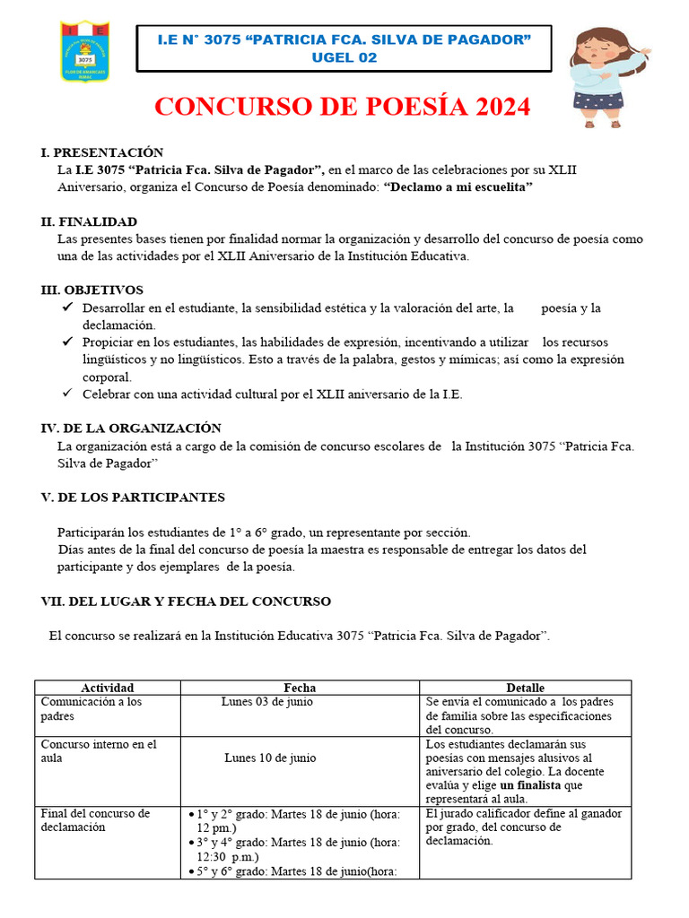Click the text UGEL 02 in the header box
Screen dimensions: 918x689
coord(344,57)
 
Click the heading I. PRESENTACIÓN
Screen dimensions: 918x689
coord(102,152)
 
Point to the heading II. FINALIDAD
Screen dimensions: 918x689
coord(89,221)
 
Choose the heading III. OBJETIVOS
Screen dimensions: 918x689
coord(92,290)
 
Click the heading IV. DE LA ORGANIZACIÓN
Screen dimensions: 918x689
coord(131,429)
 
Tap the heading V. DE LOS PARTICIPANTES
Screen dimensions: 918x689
coord(133,498)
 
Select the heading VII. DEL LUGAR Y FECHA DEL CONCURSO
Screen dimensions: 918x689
coord(187,602)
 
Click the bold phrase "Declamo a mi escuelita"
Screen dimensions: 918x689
coord(458,186)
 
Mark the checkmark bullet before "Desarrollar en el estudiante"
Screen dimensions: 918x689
coord(67,307)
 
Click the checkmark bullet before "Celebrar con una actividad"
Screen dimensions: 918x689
coord(67,394)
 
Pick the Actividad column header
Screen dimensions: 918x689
coord(107,688)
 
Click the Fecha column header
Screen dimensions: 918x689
coord(300,688)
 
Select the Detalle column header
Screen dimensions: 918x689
coord(525,688)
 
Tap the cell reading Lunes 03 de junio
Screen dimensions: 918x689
coord(267,702)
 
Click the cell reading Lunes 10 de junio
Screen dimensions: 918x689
coord(270,758)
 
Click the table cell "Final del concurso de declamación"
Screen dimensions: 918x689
coord(95,820)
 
